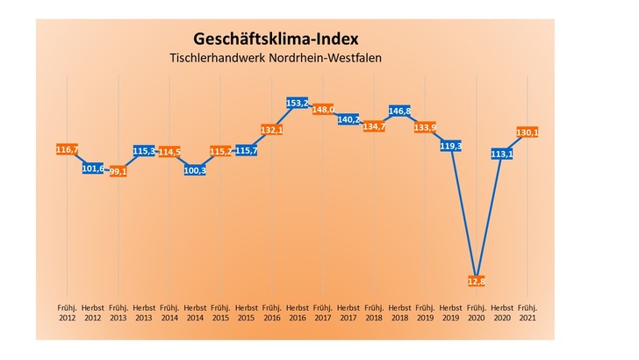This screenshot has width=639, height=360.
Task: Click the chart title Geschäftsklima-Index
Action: click(276, 40)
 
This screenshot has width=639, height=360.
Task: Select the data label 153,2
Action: click(298, 104)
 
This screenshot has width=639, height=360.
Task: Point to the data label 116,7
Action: click(68, 151)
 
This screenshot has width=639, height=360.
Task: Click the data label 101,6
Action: click(93, 168)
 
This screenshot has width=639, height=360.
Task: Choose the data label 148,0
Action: click(323, 110)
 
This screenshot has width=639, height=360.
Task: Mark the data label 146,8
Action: click(400, 112)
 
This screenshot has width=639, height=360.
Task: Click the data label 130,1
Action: click(528, 132)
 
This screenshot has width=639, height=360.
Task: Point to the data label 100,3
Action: click(196, 169)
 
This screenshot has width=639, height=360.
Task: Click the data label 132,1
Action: click(272, 130)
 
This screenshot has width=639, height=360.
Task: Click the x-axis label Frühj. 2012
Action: click(68, 314)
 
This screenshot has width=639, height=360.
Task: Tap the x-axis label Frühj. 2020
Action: click(476, 314)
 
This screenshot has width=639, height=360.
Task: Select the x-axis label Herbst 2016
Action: click(298, 314)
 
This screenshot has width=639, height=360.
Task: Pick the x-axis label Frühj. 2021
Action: click(528, 314)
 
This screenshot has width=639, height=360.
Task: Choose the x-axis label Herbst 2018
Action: click(399, 314)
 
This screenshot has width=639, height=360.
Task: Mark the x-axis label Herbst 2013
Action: click(144, 314)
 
